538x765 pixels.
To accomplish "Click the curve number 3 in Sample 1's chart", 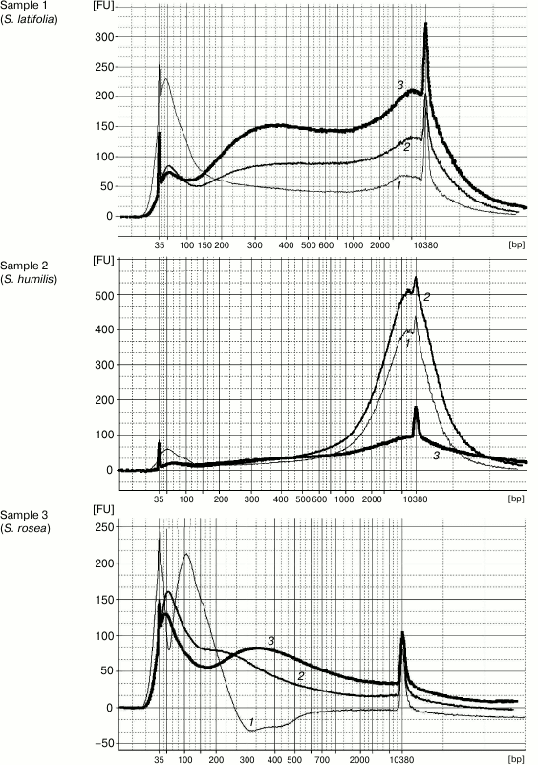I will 400,85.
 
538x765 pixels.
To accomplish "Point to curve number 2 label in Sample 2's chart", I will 426,297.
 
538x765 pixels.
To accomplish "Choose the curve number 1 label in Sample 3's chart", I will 250,721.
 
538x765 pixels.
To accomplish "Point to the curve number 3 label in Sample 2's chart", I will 436,457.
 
